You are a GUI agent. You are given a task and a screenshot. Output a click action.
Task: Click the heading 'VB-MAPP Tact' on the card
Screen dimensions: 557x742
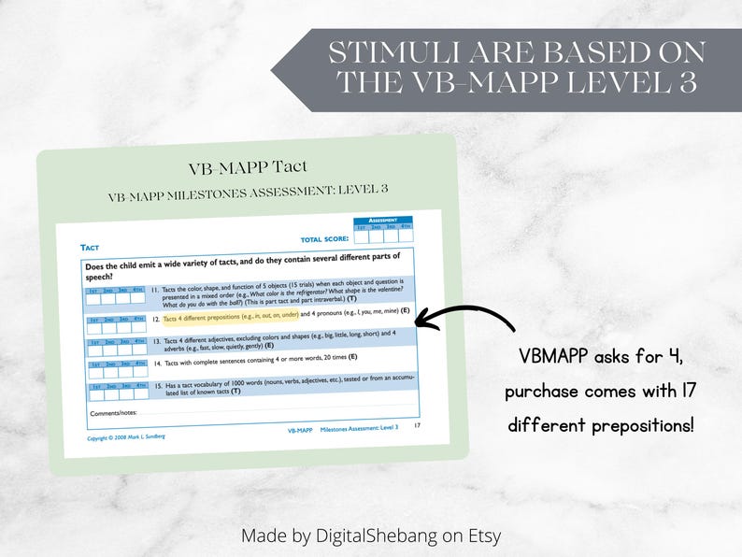point(247,168)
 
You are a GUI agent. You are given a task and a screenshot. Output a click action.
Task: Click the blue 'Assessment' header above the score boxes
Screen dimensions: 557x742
point(383,221)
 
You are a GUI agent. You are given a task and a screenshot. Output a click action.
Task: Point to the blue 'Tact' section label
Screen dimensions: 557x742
point(90,247)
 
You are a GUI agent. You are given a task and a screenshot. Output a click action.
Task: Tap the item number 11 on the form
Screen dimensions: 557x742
point(155,290)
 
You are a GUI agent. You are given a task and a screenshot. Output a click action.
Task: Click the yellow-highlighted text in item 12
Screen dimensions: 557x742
point(231,316)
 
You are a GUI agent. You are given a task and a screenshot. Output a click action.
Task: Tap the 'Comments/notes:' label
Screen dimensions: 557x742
point(113,412)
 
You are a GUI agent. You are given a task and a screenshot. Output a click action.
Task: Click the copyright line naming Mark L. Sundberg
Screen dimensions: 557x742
point(130,436)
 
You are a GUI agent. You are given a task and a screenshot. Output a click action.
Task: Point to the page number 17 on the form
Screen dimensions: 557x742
point(417,426)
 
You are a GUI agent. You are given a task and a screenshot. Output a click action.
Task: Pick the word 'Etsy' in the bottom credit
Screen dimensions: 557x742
point(480,536)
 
